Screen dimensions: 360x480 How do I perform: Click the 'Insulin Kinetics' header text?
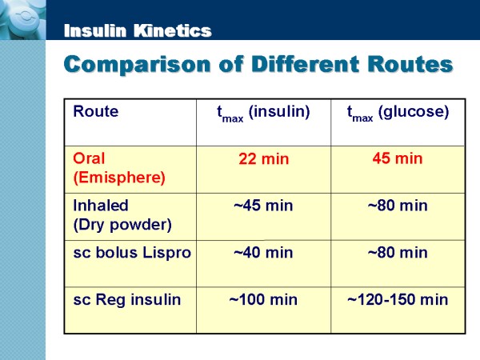pyautogui.click(x=137, y=31)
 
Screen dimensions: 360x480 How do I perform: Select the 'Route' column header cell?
pyautogui.click(x=95, y=111)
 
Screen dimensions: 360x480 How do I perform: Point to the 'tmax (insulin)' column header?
pyautogui.click(x=263, y=113)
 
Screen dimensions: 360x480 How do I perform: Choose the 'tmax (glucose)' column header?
pyautogui.click(x=398, y=113)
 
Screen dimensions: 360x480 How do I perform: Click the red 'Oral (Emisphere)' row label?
pyautogui.click(x=118, y=168)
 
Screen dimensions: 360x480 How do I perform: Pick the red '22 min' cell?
pyautogui.click(x=263, y=159)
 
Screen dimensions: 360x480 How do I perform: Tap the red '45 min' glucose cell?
pyautogui.click(x=398, y=158)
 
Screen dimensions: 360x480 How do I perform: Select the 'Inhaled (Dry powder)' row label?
pyautogui.click(x=122, y=214)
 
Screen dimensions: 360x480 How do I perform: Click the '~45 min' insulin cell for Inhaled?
pyautogui.click(x=263, y=206)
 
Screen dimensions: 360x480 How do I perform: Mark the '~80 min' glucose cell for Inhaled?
pyautogui.click(x=398, y=206)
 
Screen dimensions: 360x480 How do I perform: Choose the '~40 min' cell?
pyautogui.click(x=263, y=253)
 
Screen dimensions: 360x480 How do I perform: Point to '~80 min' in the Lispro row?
pyautogui.click(x=398, y=253)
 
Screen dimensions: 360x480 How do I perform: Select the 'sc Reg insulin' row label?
pyautogui.click(x=126, y=300)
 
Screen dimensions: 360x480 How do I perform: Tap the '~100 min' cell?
pyautogui.click(x=263, y=300)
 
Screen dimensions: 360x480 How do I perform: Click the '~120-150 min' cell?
pyautogui.click(x=398, y=300)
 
